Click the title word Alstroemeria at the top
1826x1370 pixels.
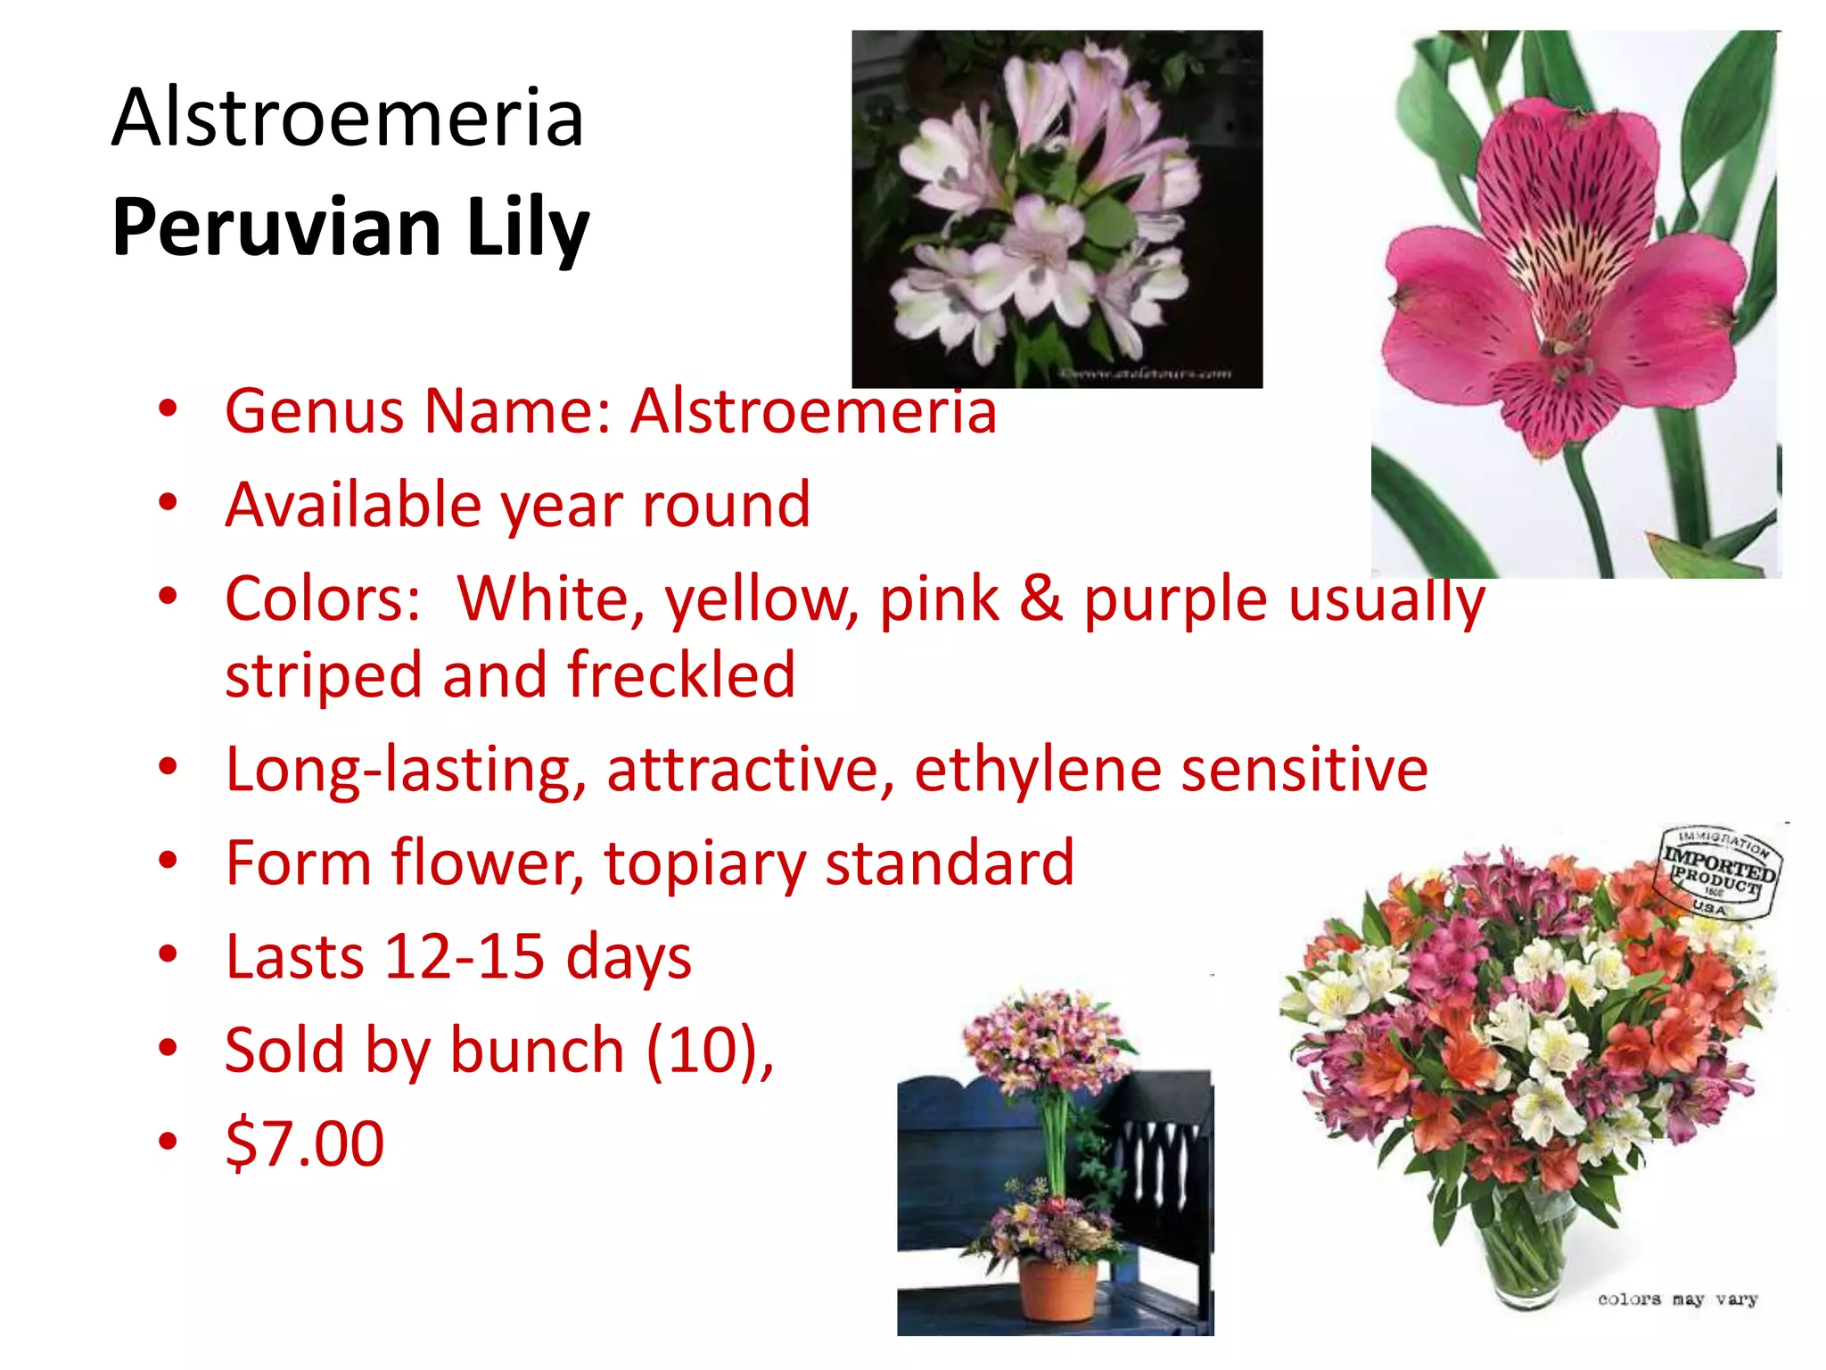pyautogui.click(x=348, y=118)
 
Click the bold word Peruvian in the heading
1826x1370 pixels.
pyautogui.click(x=276, y=227)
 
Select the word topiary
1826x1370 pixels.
pyautogui.click(x=703, y=863)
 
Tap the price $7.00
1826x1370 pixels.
pyautogui.click(x=305, y=1144)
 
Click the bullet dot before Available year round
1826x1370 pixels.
pyautogui.click(x=168, y=503)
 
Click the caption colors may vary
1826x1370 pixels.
pyautogui.click(x=1677, y=1300)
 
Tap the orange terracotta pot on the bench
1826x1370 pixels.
pyautogui.click(x=1057, y=1289)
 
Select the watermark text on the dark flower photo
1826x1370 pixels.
pyautogui.click(x=1147, y=374)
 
